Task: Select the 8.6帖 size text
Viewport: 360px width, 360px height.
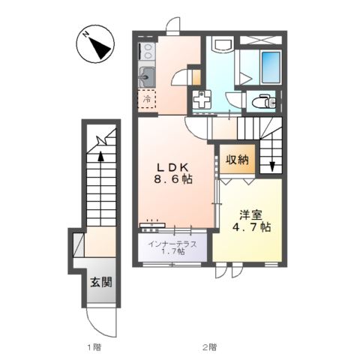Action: [x=172, y=180]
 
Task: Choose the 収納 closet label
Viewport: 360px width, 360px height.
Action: [x=238, y=160]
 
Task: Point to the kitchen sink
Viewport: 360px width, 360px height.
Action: [x=147, y=75]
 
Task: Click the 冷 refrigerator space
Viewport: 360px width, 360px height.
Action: [x=148, y=98]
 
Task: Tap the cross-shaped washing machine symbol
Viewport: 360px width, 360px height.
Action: [x=202, y=100]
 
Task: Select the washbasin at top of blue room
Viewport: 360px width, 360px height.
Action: [x=222, y=44]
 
